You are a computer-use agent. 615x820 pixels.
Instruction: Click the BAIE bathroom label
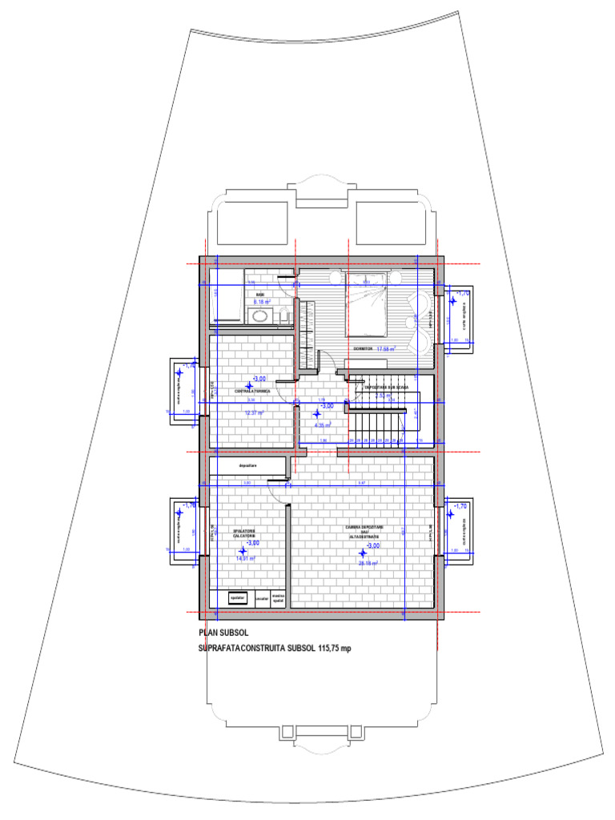[260, 295]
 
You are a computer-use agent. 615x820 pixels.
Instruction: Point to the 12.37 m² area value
[255, 412]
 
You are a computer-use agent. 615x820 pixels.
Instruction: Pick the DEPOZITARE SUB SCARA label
[387, 387]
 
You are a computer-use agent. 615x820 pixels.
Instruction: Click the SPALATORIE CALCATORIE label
[243, 533]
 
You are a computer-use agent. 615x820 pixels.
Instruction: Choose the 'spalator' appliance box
[236, 597]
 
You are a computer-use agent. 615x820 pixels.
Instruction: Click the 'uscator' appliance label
[262, 597]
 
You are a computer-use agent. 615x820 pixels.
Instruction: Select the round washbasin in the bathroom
[259, 316]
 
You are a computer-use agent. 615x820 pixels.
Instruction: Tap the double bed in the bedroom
[374, 304]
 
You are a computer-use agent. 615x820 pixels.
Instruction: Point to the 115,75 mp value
[330, 648]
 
